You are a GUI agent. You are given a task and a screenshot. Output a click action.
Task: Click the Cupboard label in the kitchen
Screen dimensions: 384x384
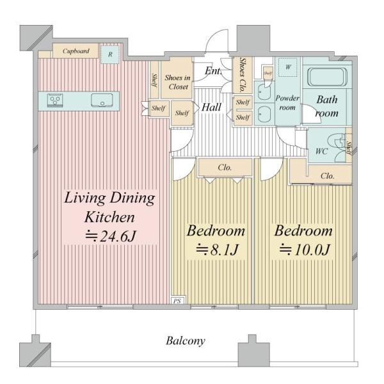pyautogui.click(x=76, y=51)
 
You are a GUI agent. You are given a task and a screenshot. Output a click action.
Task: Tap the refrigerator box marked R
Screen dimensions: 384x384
pyautogui.click(x=110, y=54)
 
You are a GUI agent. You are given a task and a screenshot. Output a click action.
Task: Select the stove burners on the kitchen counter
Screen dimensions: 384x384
pyautogui.click(x=55, y=100)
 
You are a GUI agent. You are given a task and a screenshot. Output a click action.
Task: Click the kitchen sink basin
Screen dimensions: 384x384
pyautogui.click(x=102, y=100)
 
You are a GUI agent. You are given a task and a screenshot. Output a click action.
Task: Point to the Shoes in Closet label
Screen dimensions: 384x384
pyautogui.click(x=177, y=82)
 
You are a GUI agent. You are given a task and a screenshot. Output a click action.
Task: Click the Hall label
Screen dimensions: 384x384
pyautogui.click(x=211, y=108)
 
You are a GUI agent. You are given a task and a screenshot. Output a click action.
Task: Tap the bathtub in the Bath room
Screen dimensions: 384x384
pyautogui.click(x=326, y=77)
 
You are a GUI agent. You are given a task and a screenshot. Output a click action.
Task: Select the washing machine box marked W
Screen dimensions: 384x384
pyautogui.click(x=288, y=67)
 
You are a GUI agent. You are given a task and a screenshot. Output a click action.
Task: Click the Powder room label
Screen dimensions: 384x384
pyautogui.click(x=287, y=102)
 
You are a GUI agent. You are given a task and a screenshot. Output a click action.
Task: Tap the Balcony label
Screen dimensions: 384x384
pyautogui.click(x=186, y=340)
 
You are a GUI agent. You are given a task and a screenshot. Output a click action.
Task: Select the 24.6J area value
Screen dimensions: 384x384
pyautogui.click(x=110, y=237)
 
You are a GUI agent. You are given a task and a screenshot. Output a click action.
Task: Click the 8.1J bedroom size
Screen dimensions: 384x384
pyautogui.click(x=217, y=250)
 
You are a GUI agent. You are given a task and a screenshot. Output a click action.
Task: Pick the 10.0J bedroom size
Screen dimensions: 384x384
pyautogui.click(x=305, y=250)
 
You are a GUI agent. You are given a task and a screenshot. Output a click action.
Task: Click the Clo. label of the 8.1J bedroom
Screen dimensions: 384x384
pyautogui.click(x=225, y=168)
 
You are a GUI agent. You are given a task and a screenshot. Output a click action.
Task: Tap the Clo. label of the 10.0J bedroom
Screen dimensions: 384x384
pyautogui.click(x=327, y=175)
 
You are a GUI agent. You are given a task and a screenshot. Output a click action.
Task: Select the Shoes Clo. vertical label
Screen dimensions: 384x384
pyautogui.click(x=242, y=75)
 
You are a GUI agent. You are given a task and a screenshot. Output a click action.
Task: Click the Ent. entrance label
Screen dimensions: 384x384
pyautogui.click(x=213, y=71)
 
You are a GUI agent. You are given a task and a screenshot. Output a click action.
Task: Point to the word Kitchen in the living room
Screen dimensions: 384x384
pyautogui.click(x=109, y=217)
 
